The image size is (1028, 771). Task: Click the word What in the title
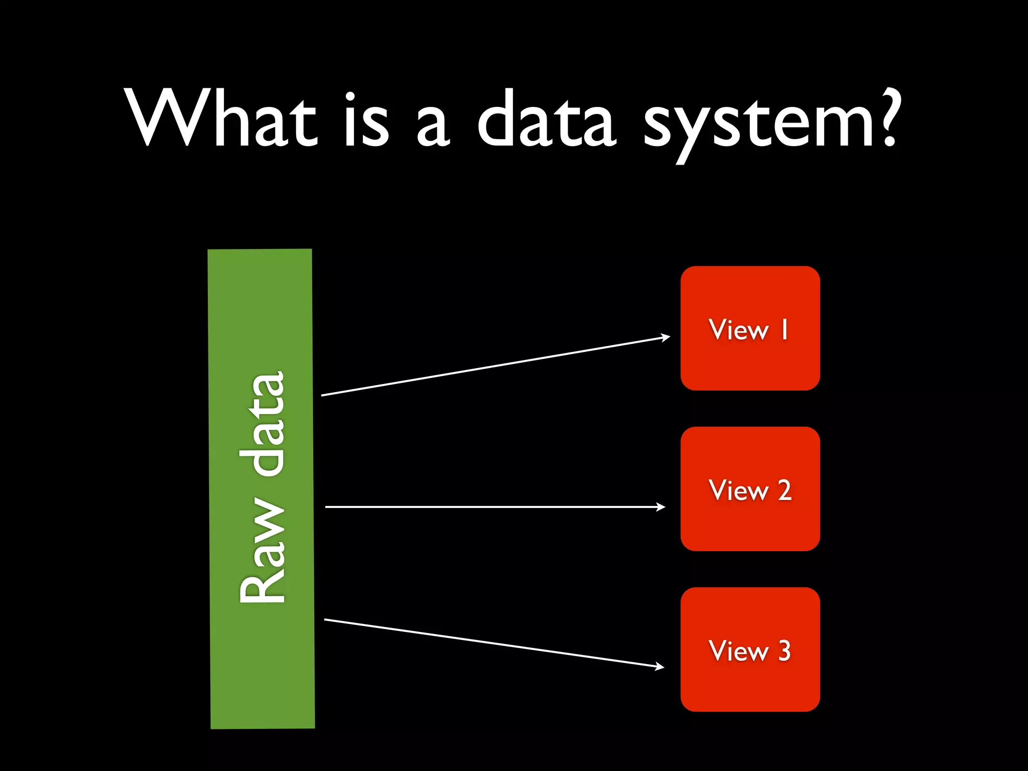click(221, 120)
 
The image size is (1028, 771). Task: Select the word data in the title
click(546, 120)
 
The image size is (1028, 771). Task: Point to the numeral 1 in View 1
click(784, 330)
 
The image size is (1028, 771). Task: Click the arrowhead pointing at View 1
click(666, 337)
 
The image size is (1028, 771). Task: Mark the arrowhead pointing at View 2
click(661, 507)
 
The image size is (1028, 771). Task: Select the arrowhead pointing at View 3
click(660, 667)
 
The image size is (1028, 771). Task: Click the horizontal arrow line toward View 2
click(492, 507)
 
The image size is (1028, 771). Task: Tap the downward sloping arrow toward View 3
click(492, 643)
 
